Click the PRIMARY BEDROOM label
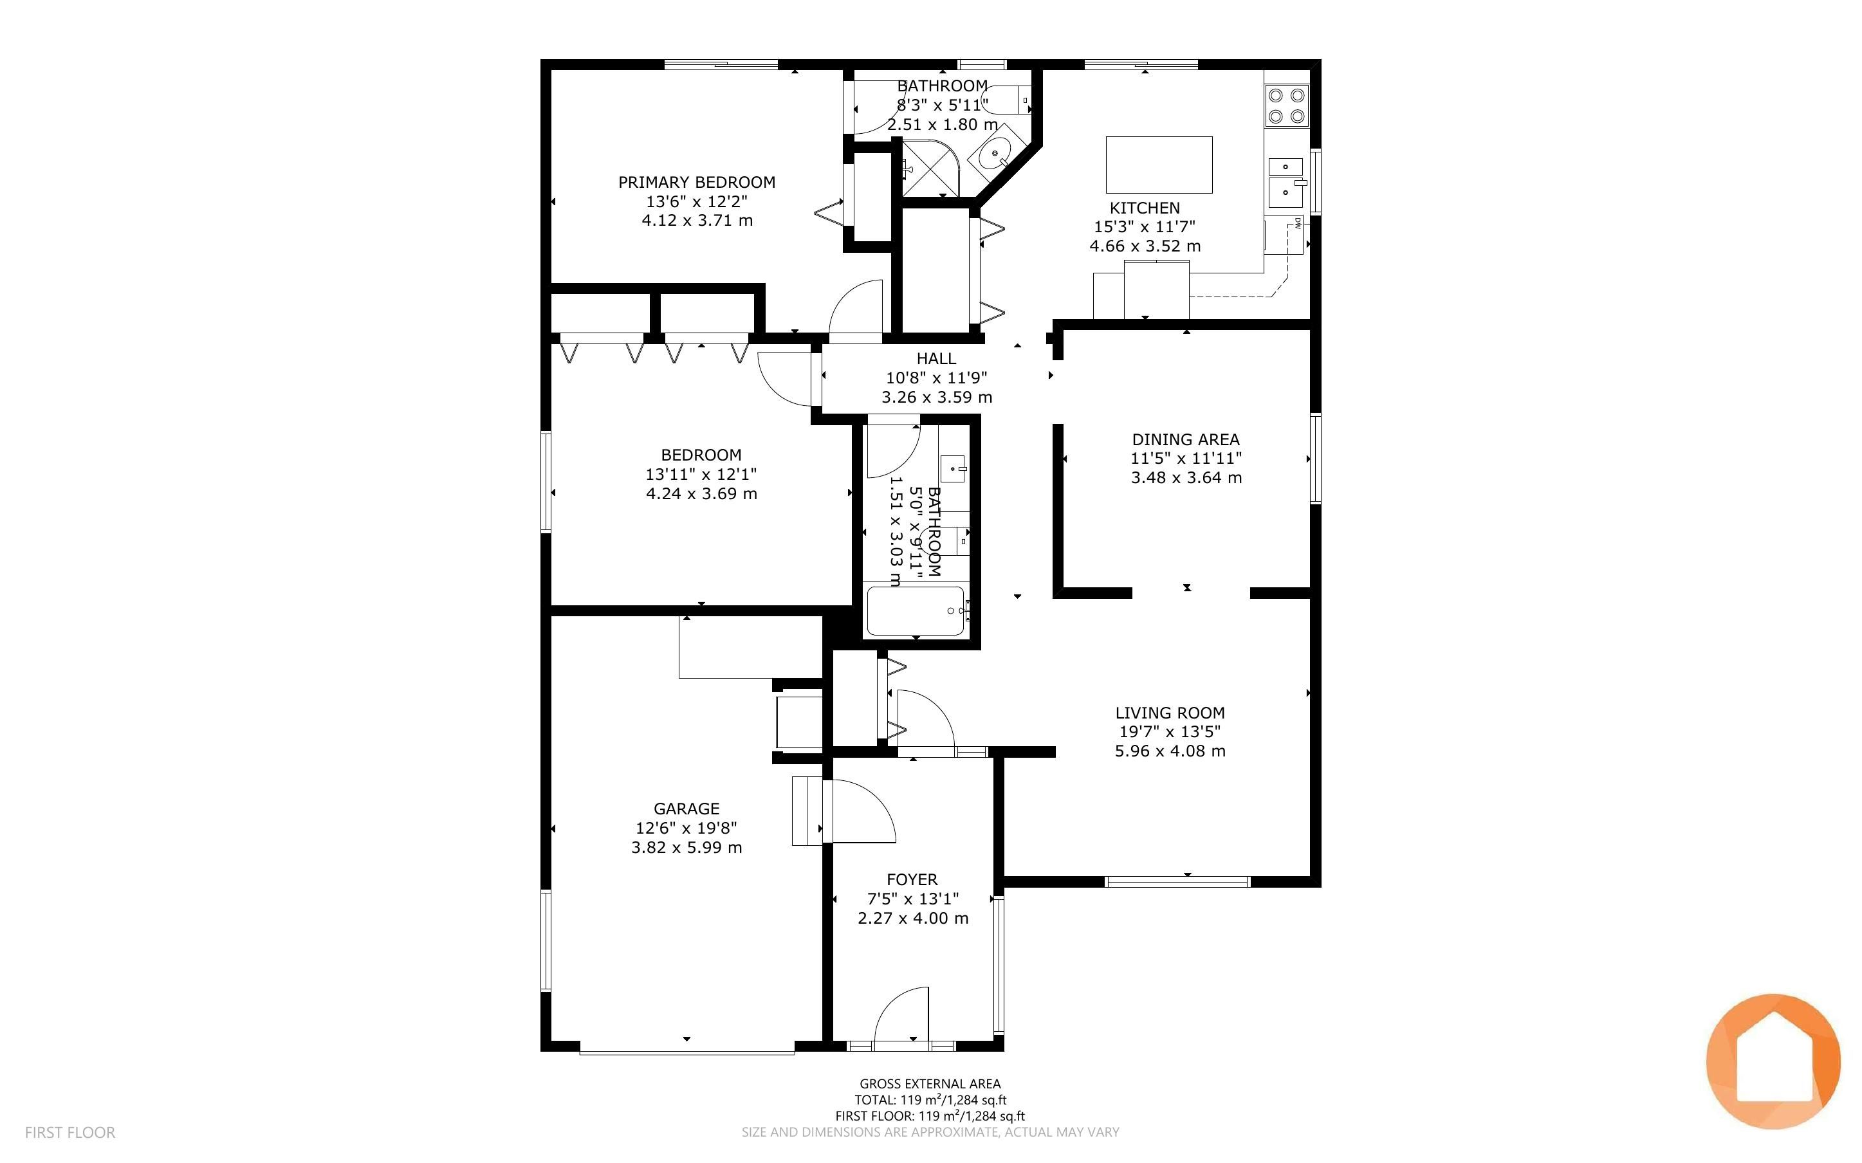pos(697,182)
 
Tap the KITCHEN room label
pos(1145,208)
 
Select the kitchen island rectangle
pos(1159,165)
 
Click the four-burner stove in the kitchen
pos(1287,106)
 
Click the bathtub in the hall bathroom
pos(915,612)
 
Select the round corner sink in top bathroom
pos(995,156)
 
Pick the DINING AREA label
pos(1185,440)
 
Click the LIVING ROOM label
pos(1170,713)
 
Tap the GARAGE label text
pos(686,809)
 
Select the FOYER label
pos(912,879)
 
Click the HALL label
pos(936,358)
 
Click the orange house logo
pos(1773,1061)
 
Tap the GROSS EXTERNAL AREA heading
pos(930,1084)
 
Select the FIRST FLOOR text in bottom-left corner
pos(70,1132)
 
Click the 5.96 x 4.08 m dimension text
pos(1170,751)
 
